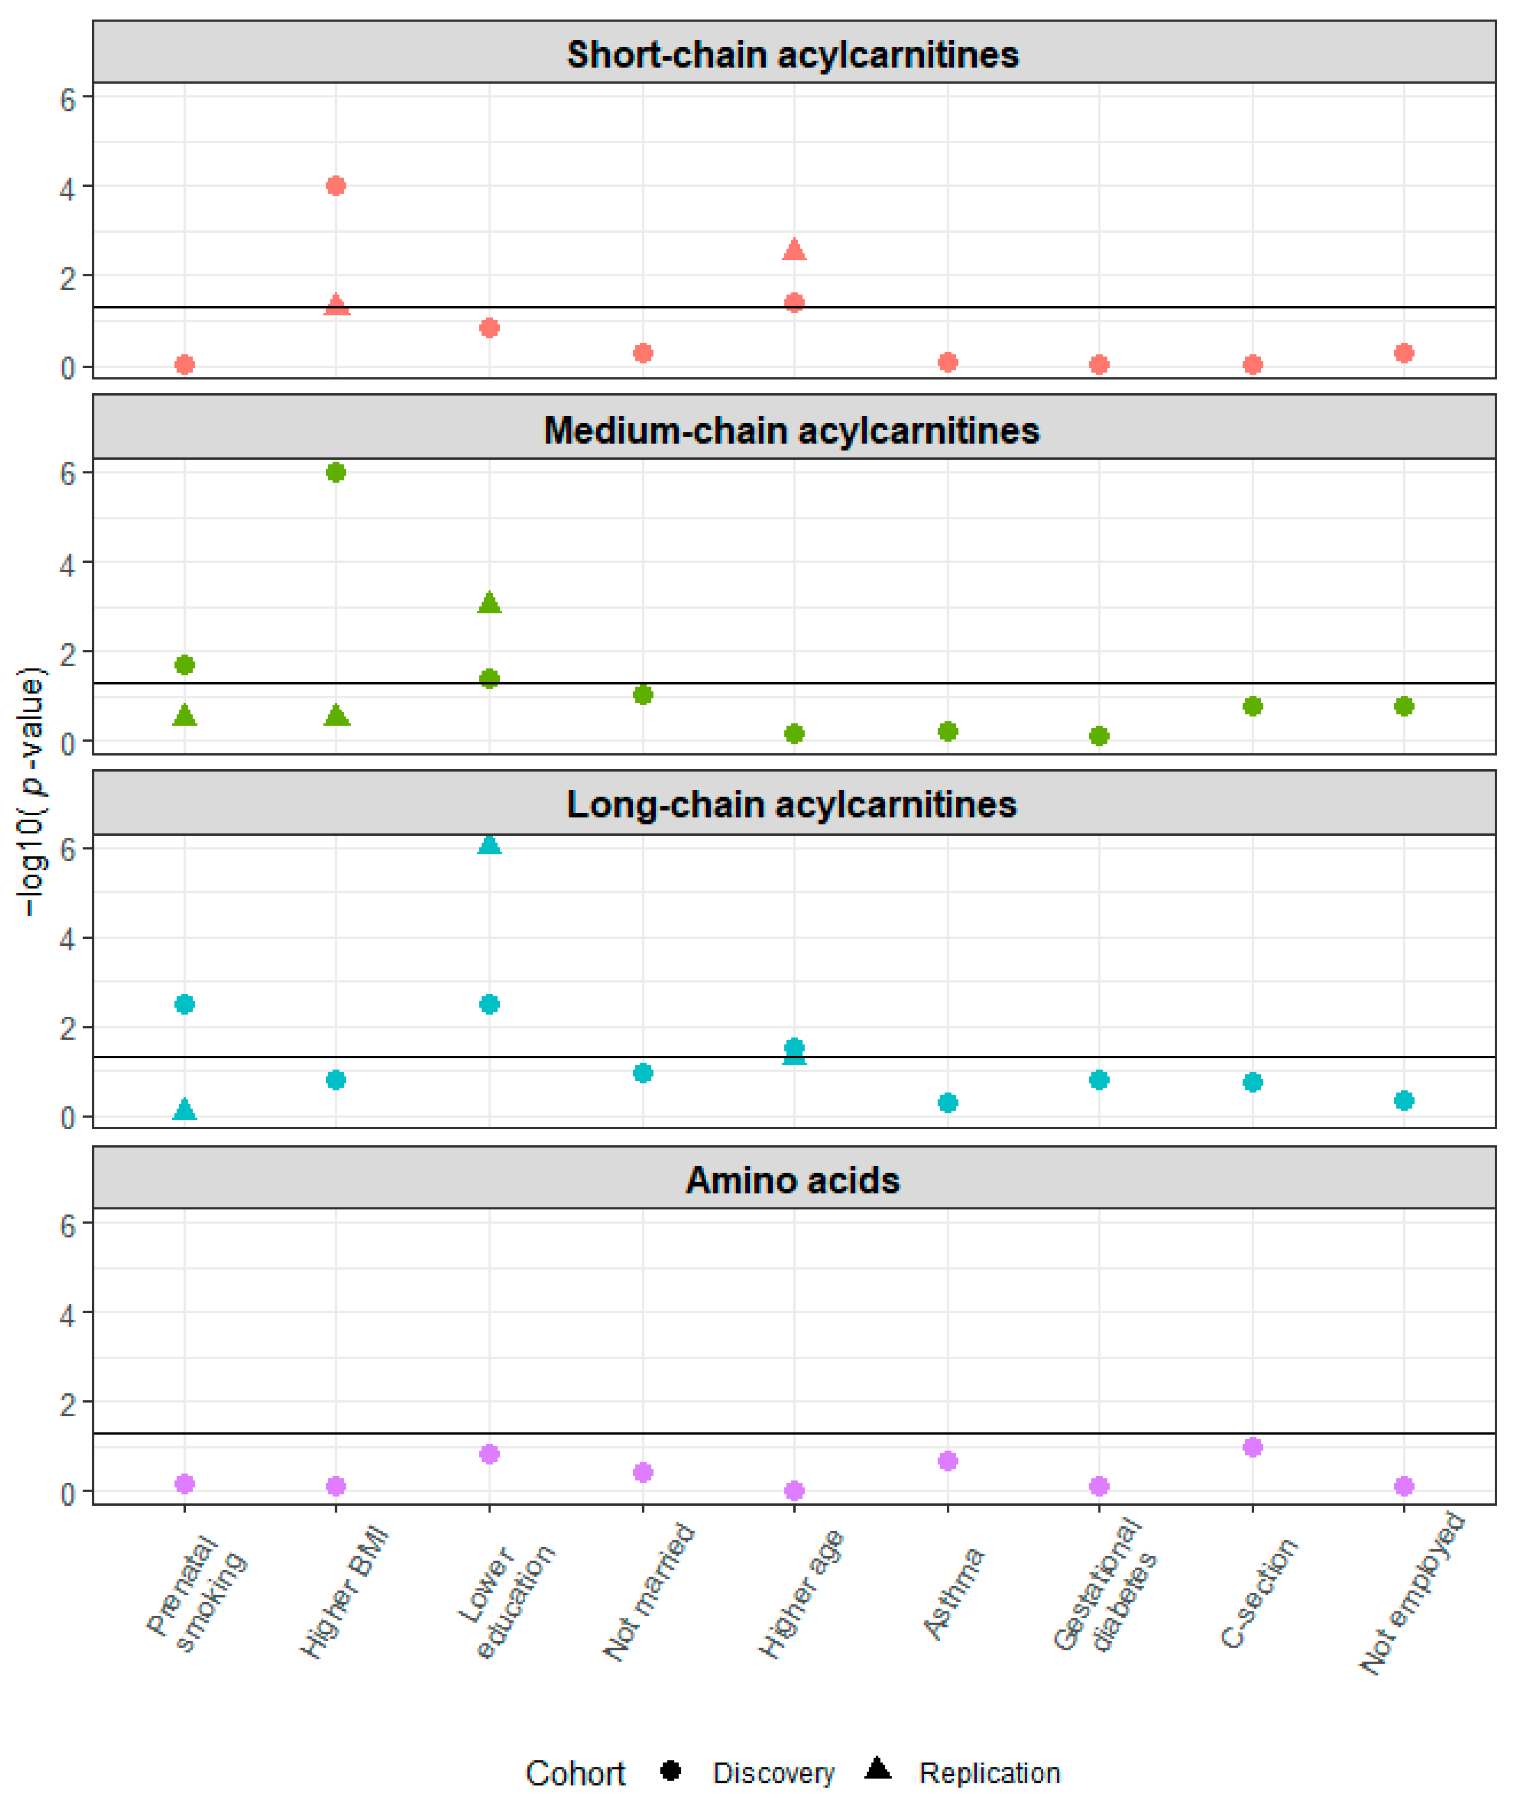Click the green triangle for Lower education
click(489, 603)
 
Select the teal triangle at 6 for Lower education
click(489, 845)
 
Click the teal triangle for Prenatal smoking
click(184, 1110)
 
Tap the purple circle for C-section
click(1252, 1448)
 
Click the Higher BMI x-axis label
click(345, 1593)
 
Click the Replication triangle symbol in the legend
click(878, 1768)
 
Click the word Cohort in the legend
click(575, 1773)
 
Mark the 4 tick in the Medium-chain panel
click(67, 564)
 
